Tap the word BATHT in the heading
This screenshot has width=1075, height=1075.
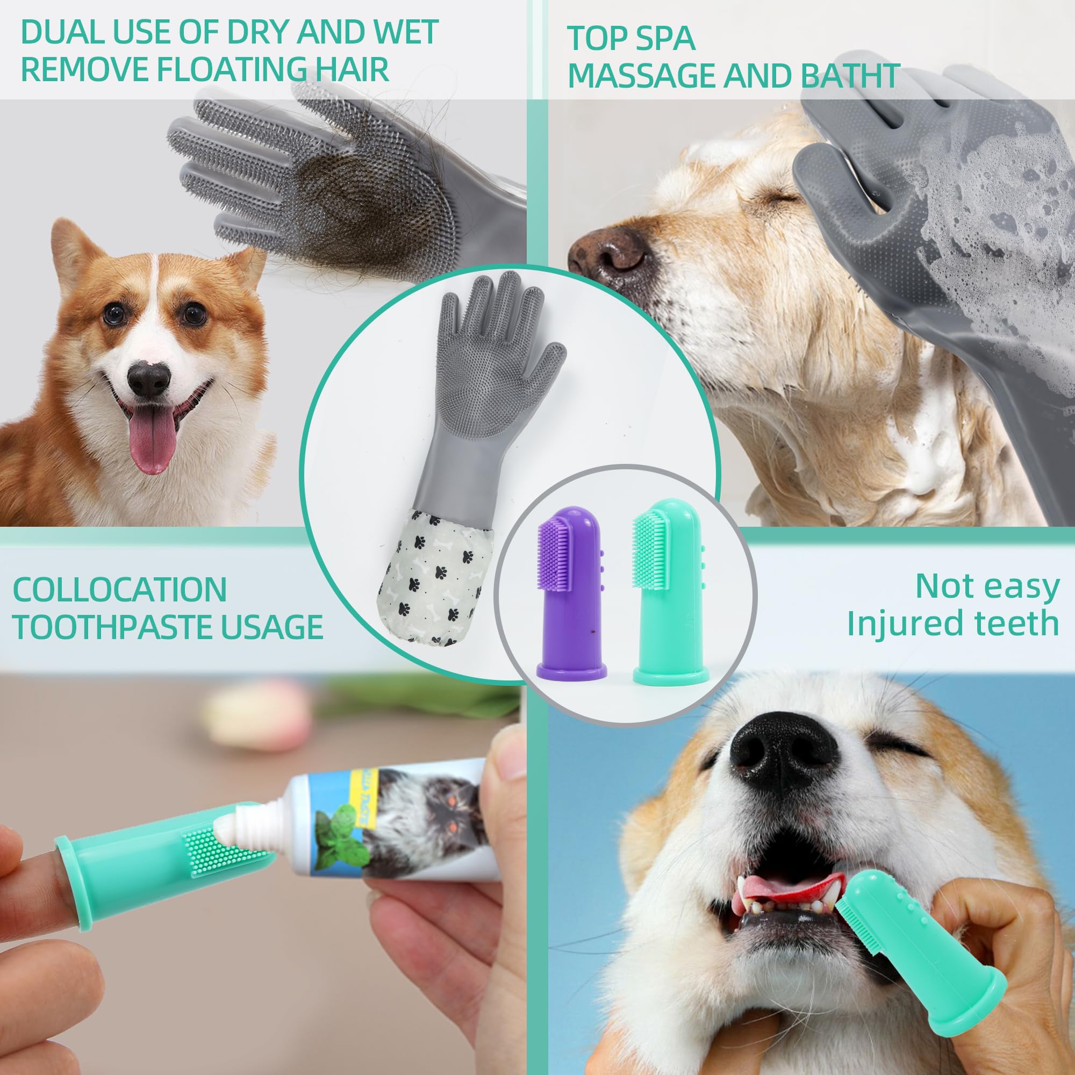851,75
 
